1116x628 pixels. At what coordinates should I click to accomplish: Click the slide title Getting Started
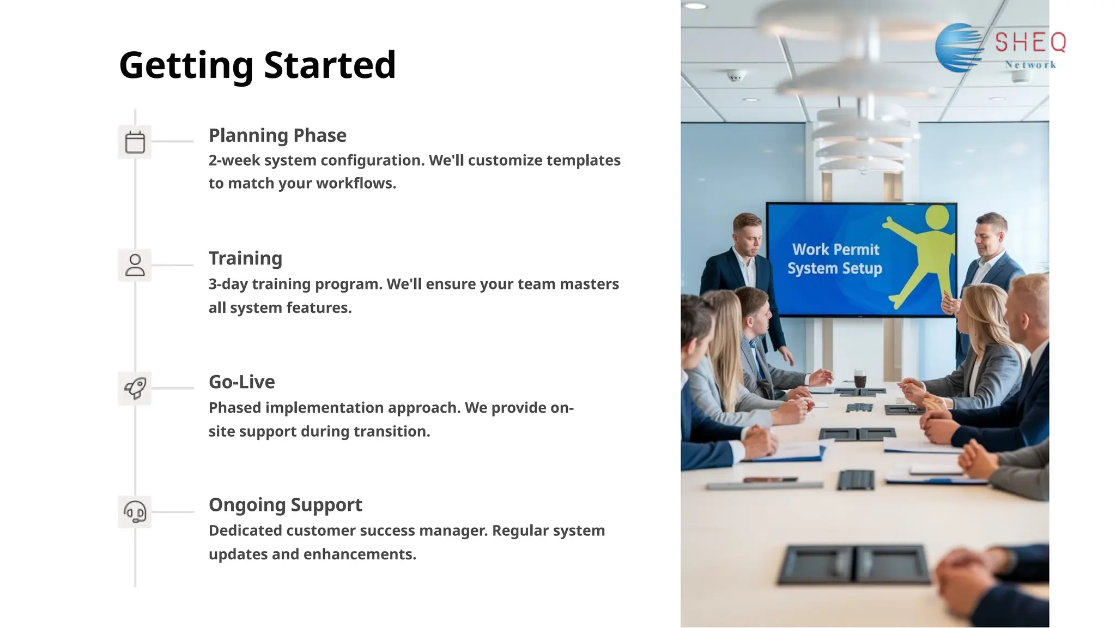pos(257,65)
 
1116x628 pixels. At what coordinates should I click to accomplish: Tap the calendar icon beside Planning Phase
pos(135,142)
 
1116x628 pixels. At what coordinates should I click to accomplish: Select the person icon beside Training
pos(135,265)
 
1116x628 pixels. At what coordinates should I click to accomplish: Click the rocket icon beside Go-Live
pos(135,388)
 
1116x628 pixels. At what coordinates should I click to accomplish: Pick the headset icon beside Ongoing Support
pos(135,512)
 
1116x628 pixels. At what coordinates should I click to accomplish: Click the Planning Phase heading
pos(277,135)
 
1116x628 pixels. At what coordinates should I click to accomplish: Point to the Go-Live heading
pos(241,382)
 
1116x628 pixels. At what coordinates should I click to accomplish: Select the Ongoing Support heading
pos(285,505)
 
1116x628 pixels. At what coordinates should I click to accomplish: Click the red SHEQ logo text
pos(1030,43)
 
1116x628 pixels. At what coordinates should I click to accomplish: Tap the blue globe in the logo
pos(958,48)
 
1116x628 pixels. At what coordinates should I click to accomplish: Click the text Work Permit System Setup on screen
pos(835,259)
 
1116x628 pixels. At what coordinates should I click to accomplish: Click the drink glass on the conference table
pos(860,378)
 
